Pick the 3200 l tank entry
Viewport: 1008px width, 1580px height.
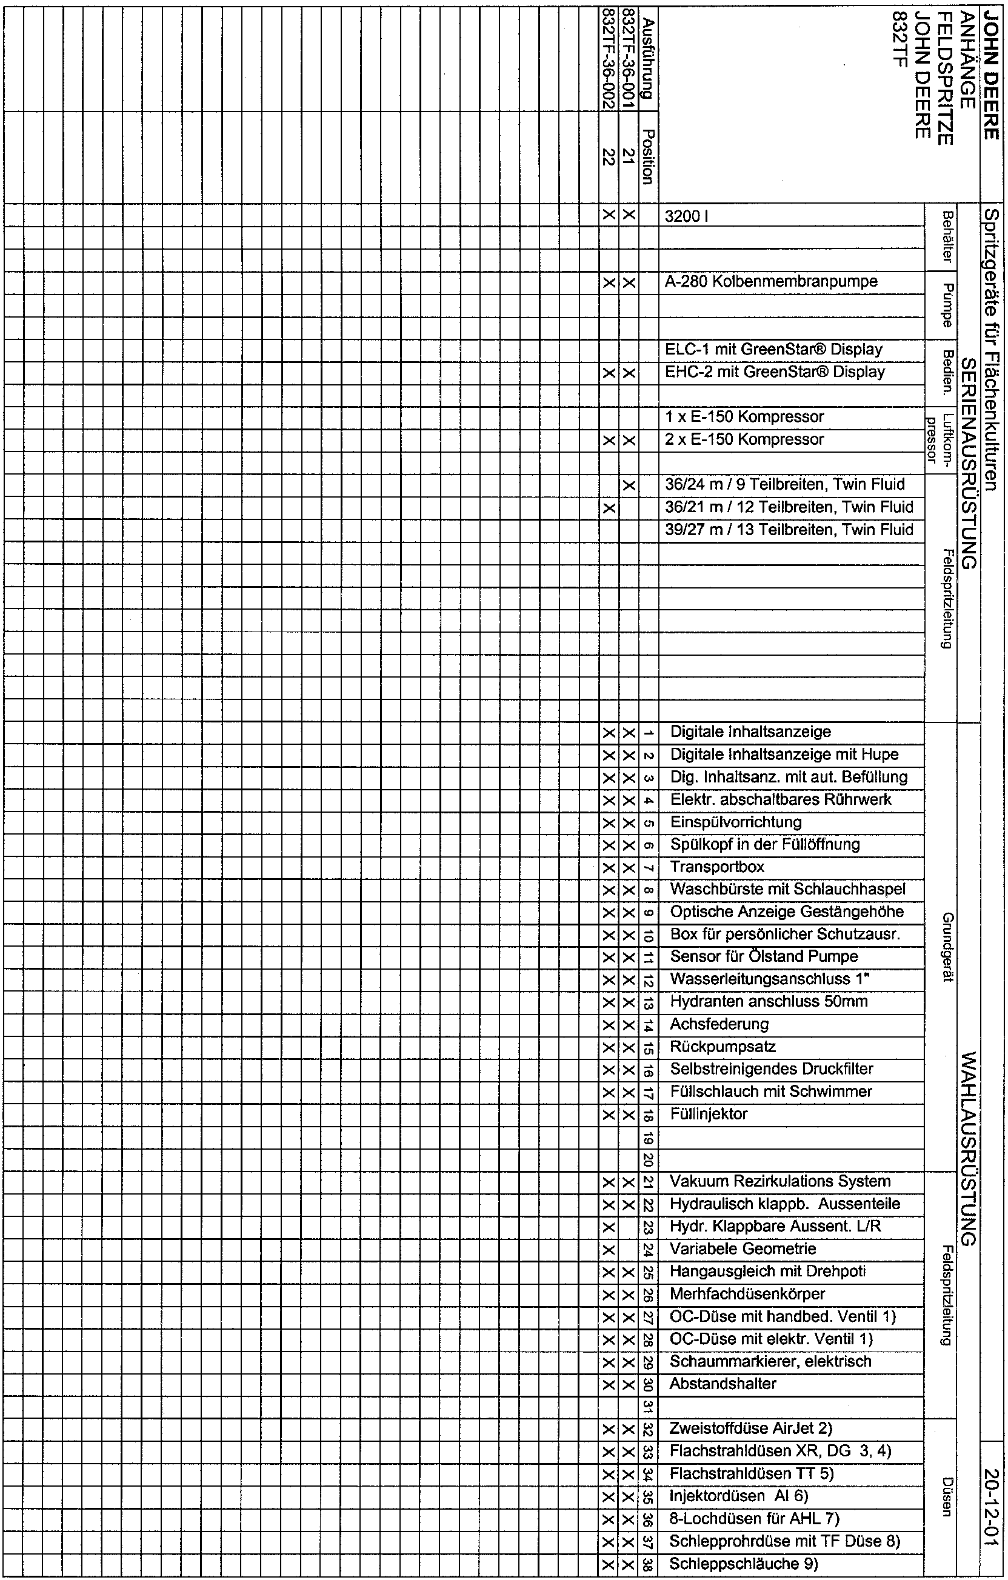pyautogui.click(x=686, y=216)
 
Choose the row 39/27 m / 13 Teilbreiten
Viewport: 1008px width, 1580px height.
pyautogui.click(x=789, y=530)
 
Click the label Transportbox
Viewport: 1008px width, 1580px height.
pyautogui.click(x=717, y=867)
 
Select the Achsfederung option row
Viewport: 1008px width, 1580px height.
pyautogui.click(x=719, y=1024)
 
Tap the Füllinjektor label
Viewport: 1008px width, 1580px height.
pyautogui.click(x=709, y=1114)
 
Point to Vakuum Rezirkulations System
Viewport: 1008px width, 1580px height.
pyautogui.click(x=780, y=1182)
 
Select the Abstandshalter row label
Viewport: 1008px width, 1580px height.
pyautogui.click(x=723, y=1384)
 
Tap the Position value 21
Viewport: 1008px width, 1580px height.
pyautogui.click(x=629, y=157)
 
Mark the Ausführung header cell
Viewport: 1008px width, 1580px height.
pyautogui.click(x=649, y=58)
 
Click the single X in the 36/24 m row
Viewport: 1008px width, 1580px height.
pyautogui.click(x=629, y=485)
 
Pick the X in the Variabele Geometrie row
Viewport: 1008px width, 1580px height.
pyautogui.click(x=609, y=1248)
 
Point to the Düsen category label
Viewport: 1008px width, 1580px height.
pyautogui.click(x=946, y=1495)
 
